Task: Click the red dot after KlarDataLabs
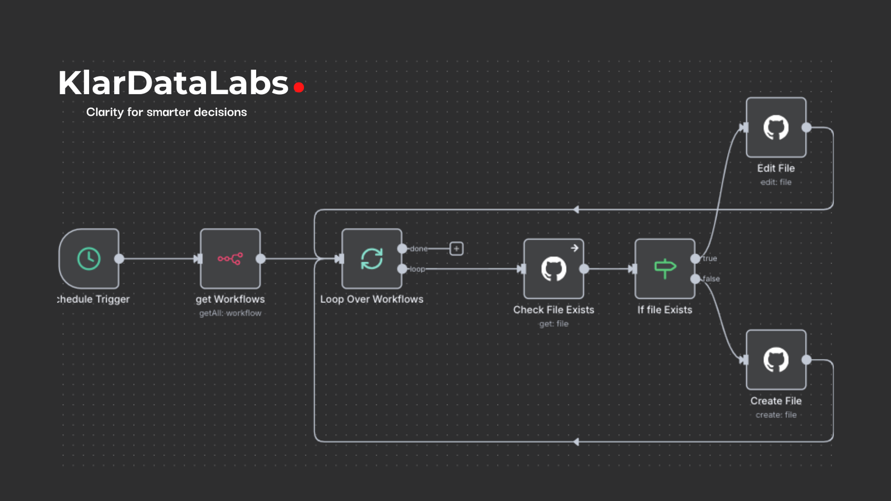pyautogui.click(x=299, y=87)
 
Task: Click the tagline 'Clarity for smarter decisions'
pyautogui.click(x=167, y=112)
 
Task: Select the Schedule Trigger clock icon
pyautogui.click(x=89, y=258)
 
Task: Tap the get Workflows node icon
pyautogui.click(x=230, y=258)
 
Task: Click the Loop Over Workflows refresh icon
pyautogui.click(x=371, y=258)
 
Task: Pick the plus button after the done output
pyautogui.click(x=456, y=248)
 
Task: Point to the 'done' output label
pyautogui.click(x=419, y=249)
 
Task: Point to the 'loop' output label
pyautogui.click(x=417, y=269)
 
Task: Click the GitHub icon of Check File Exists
pyautogui.click(x=554, y=269)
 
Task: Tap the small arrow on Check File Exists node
pyautogui.click(x=575, y=248)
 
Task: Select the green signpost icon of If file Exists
pyautogui.click(x=665, y=268)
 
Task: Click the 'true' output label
pyautogui.click(x=710, y=258)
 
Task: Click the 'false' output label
pyautogui.click(x=711, y=279)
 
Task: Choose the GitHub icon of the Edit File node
pyautogui.click(x=776, y=127)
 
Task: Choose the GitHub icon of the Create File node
pyautogui.click(x=776, y=360)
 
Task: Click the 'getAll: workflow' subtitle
pyautogui.click(x=230, y=313)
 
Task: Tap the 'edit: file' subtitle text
pyautogui.click(x=776, y=182)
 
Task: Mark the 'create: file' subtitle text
pyautogui.click(x=776, y=415)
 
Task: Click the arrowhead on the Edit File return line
pyautogui.click(x=576, y=209)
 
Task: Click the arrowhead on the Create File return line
pyautogui.click(x=576, y=441)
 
